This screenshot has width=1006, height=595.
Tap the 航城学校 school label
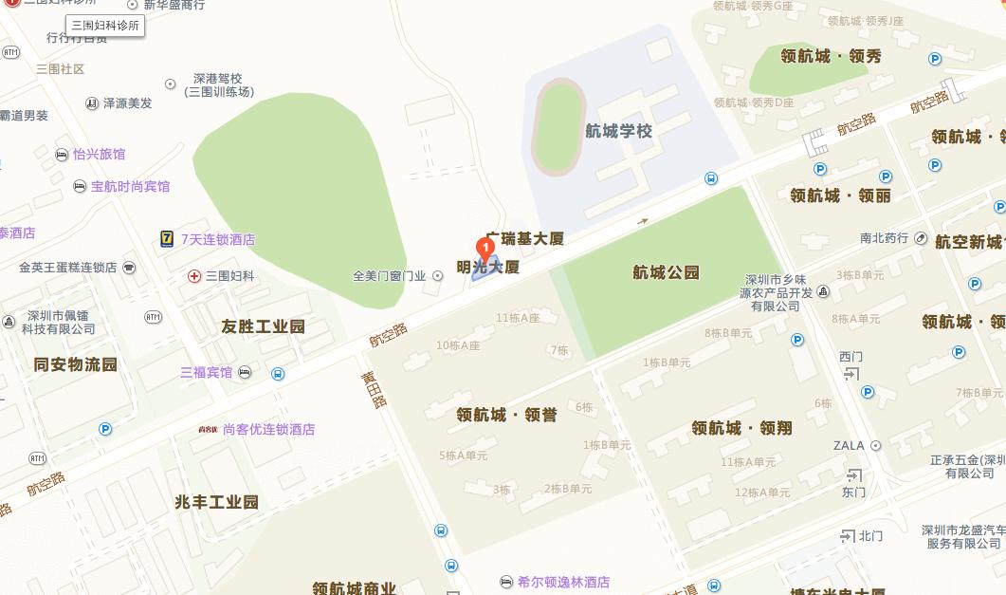(x=618, y=131)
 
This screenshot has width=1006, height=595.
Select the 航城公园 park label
(x=666, y=272)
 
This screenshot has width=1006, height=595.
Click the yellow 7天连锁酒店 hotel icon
(x=167, y=239)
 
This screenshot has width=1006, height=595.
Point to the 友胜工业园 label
(x=264, y=326)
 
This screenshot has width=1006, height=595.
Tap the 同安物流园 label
(x=75, y=364)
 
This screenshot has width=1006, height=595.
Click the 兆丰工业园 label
(x=216, y=502)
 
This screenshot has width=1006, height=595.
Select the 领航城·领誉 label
(x=506, y=415)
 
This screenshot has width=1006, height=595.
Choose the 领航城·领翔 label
(x=741, y=428)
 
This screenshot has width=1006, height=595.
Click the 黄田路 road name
(x=374, y=389)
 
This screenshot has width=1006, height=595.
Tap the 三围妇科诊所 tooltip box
(x=105, y=26)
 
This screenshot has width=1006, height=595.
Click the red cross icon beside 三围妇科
(x=193, y=276)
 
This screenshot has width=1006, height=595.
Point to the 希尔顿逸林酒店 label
(x=563, y=582)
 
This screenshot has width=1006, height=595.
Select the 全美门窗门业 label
(x=389, y=276)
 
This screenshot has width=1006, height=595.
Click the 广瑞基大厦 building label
(x=524, y=238)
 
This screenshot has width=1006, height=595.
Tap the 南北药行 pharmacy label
(x=884, y=238)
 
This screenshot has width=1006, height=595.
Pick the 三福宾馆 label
(x=207, y=372)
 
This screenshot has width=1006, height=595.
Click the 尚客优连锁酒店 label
(x=268, y=429)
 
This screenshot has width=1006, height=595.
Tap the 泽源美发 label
(x=127, y=102)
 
